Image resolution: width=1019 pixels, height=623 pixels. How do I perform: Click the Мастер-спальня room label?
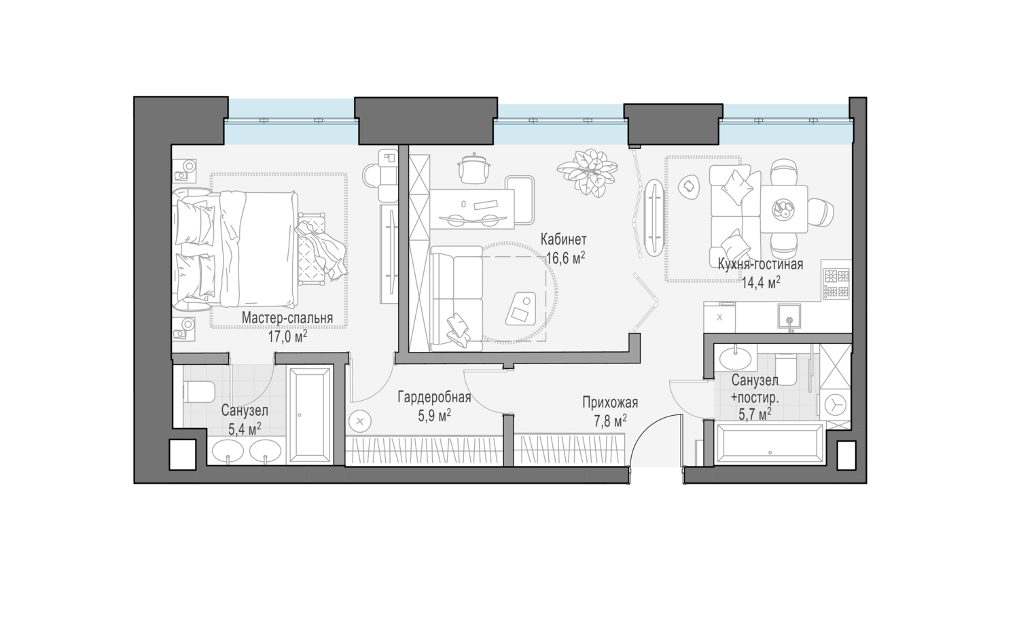coord(287,318)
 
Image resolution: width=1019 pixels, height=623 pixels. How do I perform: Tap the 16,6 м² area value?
coord(565,258)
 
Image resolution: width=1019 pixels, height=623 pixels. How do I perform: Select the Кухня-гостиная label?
coord(760,264)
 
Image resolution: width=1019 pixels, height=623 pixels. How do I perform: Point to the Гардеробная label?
coord(434,397)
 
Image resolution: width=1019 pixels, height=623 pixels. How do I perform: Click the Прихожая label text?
coord(610,403)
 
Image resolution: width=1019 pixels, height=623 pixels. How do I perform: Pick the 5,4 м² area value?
coord(245,429)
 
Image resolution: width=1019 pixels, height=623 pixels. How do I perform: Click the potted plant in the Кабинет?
coord(588,173)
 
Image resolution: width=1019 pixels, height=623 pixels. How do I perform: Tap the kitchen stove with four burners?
coord(836,283)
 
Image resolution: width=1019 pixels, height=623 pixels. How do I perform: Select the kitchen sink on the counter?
coord(789,317)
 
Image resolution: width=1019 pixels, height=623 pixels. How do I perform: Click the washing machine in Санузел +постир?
coord(834,404)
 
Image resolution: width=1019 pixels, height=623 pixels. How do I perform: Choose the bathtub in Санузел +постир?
coord(769,445)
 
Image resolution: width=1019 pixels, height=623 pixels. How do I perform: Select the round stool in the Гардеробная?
coord(360,422)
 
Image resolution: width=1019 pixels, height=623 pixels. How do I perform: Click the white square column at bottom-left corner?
coord(183,454)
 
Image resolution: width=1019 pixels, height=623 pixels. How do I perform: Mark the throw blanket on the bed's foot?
coord(321,249)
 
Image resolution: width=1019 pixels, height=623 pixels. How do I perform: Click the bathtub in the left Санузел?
coord(310,415)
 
